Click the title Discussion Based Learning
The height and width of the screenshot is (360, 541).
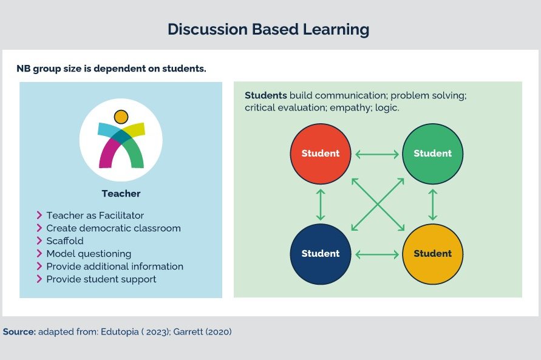coord(268,29)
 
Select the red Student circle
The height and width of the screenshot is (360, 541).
coord(321,154)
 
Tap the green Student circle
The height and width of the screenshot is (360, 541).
coord(432,154)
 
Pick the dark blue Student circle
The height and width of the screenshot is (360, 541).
coord(321,254)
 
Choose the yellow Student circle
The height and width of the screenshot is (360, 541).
coord(432,254)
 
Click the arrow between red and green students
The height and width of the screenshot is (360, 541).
coord(376,154)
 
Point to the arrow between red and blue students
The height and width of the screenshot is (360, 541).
coord(321,204)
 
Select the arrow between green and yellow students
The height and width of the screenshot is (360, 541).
coord(432,204)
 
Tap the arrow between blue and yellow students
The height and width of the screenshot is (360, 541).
coord(376,254)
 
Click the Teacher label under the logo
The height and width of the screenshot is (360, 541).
coord(121,194)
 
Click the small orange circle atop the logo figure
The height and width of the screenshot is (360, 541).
coord(121,117)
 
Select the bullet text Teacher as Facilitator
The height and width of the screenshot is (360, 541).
coord(95,215)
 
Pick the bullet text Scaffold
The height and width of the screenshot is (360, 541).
coord(65,240)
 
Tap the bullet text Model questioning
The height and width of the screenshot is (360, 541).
coord(89,253)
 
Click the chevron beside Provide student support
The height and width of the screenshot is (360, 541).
coord(39,279)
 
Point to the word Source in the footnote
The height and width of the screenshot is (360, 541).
coord(19,332)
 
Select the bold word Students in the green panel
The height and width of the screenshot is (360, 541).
coord(265,96)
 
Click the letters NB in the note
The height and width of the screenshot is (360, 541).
coord(23,69)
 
